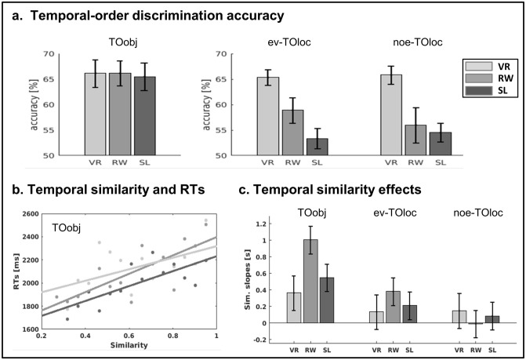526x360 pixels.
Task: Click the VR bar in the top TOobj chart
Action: click(x=95, y=114)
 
